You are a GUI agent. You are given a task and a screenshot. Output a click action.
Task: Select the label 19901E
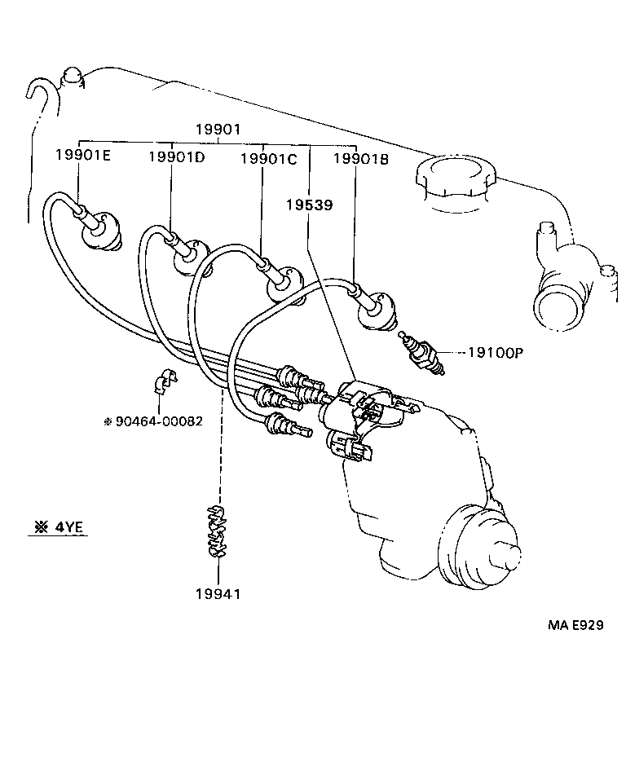point(82,155)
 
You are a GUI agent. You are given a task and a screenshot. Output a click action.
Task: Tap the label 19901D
point(176,156)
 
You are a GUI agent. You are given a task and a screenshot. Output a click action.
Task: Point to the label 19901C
point(268,160)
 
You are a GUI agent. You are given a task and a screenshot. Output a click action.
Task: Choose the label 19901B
point(361,160)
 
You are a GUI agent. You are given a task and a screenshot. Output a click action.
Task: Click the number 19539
point(308,205)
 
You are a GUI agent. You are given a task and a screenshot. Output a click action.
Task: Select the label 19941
point(218,593)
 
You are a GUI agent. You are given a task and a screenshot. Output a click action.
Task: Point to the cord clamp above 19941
point(217,533)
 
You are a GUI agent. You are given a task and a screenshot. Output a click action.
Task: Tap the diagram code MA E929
point(575,625)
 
